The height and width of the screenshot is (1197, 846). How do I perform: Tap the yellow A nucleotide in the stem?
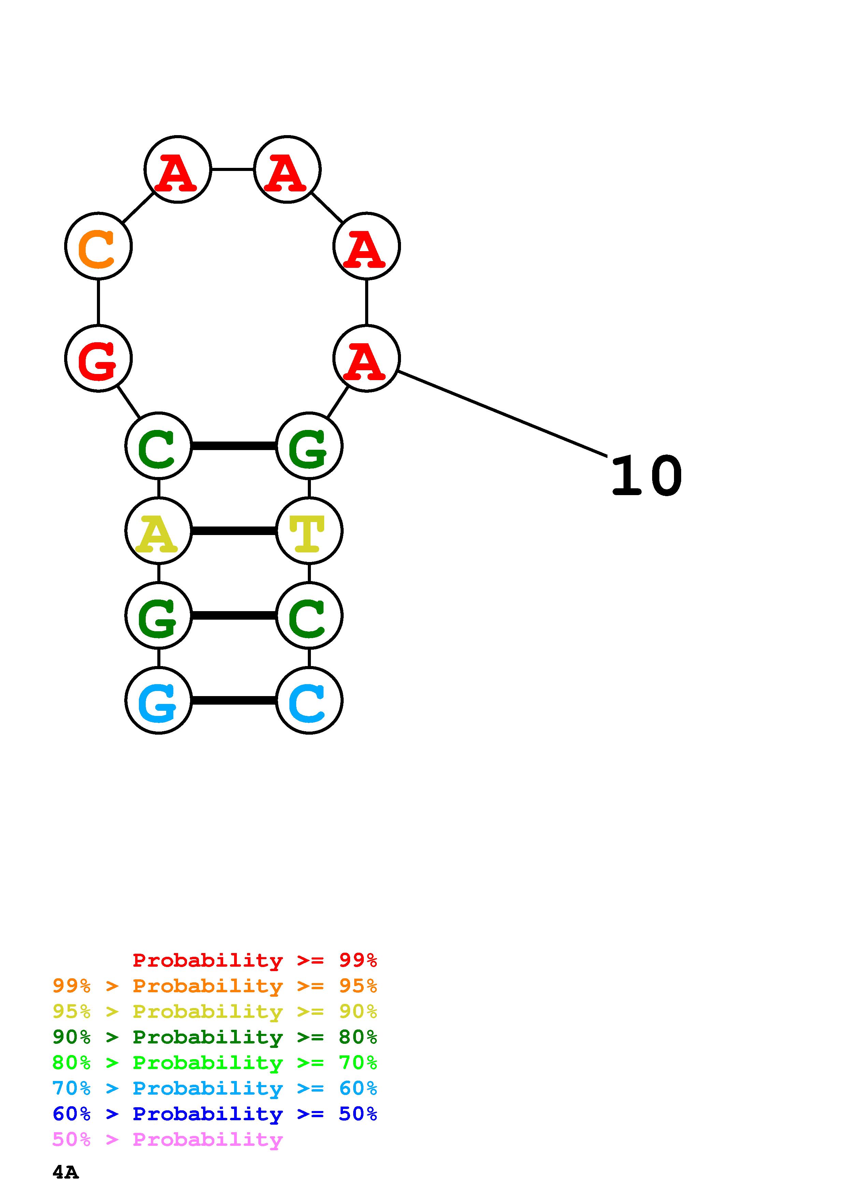158,531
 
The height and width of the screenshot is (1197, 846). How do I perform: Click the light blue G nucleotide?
158,700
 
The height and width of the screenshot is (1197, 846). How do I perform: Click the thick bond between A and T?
233,531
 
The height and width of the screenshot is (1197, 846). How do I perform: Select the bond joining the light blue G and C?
233,700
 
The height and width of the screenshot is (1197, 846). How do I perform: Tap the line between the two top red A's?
232,170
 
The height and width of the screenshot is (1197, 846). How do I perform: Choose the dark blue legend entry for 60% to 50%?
214,1114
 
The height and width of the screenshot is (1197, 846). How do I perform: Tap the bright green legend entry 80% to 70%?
214,1063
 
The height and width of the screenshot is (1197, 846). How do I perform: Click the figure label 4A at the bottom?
66,1172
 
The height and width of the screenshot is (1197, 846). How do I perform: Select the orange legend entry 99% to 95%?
214,986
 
